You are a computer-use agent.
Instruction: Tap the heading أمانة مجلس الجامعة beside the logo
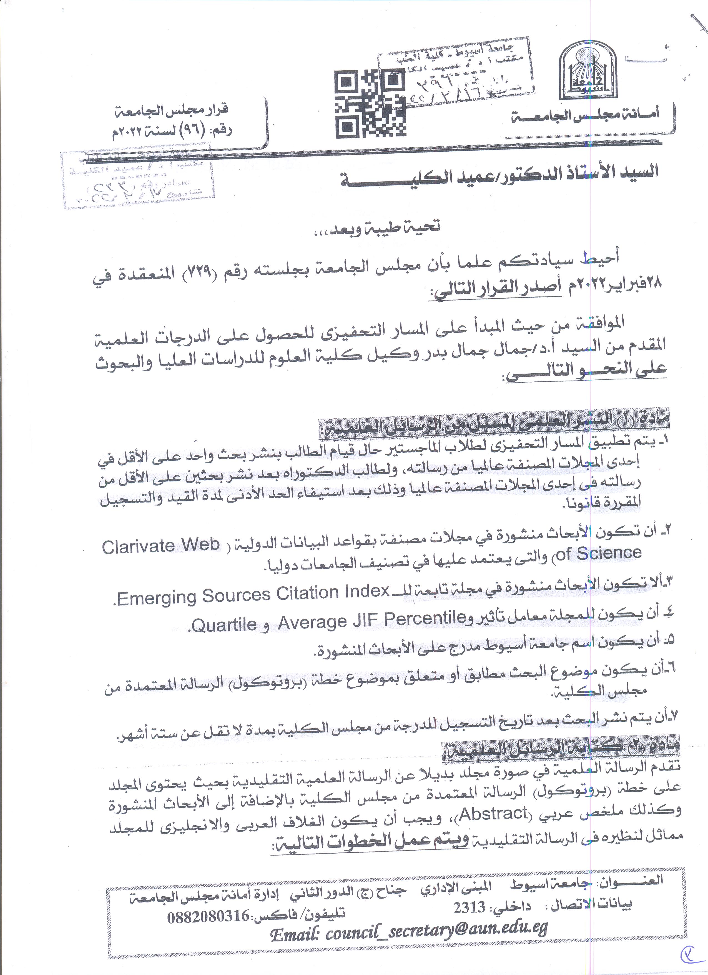585,115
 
